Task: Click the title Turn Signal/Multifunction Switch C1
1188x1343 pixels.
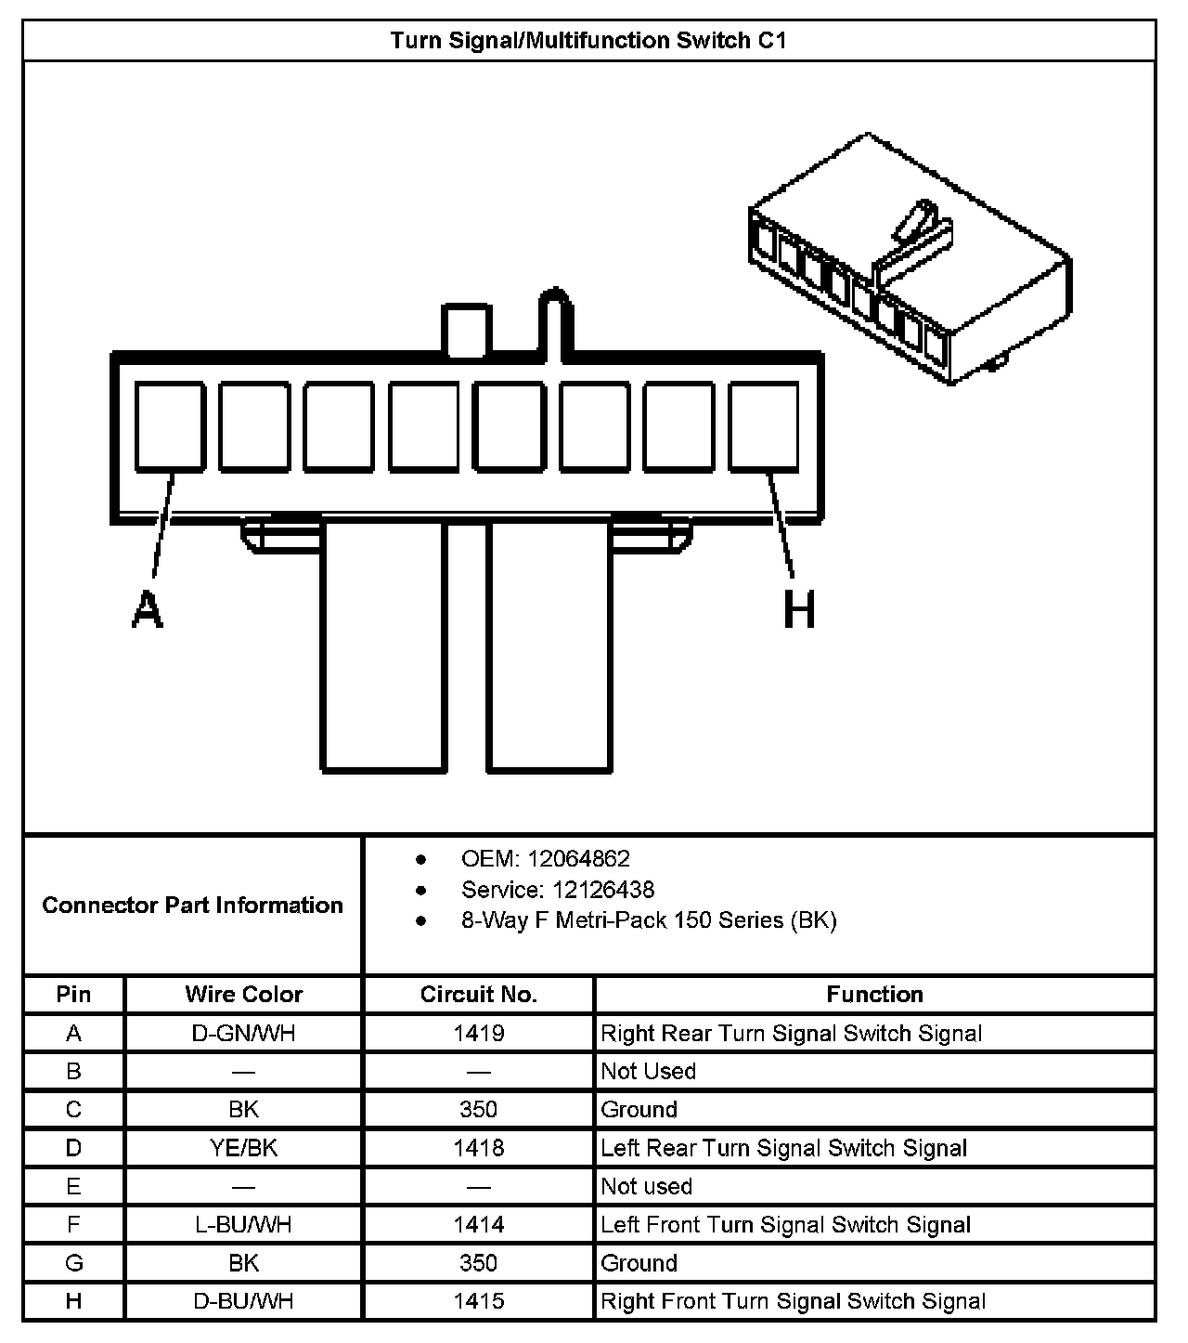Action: (588, 41)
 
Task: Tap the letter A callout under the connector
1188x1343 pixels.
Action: (147, 610)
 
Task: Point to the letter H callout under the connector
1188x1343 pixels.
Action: (799, 610)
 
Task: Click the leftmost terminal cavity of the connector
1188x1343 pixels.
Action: (170, 426)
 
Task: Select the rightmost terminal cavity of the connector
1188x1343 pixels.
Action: (763, 426)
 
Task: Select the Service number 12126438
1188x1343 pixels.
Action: (603, 890)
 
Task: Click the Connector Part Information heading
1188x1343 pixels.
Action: (193, 905)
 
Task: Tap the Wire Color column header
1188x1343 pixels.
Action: (244, 995)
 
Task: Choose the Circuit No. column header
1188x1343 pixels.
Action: (479, 995)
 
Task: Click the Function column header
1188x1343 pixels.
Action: (874, 995)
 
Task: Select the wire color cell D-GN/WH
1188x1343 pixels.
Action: (244, 1033)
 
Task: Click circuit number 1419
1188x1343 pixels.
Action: (479, 1033)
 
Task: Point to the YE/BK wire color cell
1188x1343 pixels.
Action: (244, 1148)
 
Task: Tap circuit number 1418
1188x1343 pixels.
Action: (479, 1148)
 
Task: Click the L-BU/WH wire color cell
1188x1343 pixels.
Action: (244, 1225)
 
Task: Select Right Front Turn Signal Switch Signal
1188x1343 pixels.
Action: (793, 1301)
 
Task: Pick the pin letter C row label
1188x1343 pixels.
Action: (73, 1110)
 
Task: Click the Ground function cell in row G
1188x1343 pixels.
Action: (639, 1263)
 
